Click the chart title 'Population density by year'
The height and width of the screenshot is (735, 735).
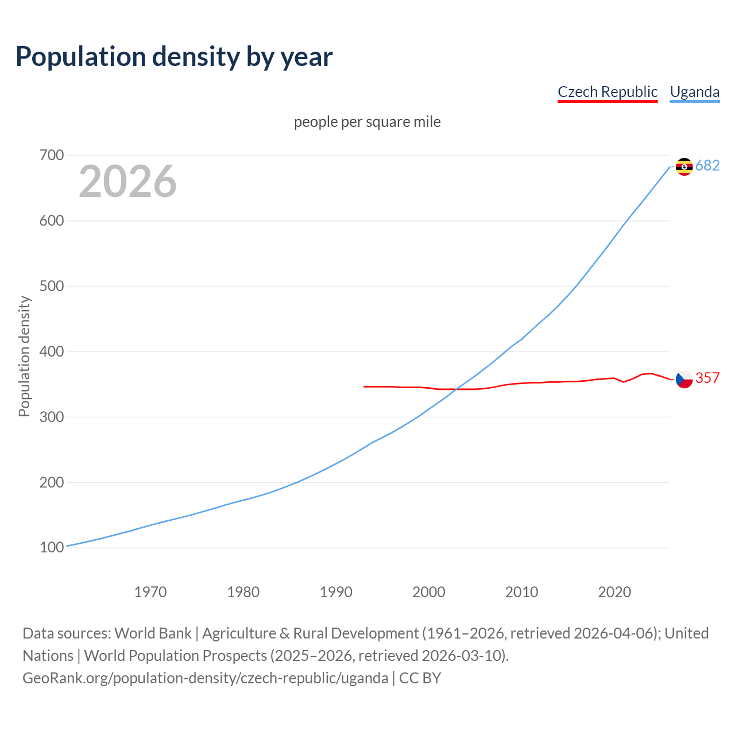pyautogui.click(x=174, y=57)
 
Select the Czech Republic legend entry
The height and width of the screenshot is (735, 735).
pyautogui.click(x=607, y=92)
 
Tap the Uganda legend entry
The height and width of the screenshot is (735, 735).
pyautogui.click(x=694, y=92)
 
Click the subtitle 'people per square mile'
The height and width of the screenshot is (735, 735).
pyautogui.click(x=367, y=122)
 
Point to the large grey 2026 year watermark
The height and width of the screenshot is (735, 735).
pyautogui.click(x=127, y=181)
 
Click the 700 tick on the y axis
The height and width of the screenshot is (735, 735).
pyautogui.click(x=52, y=156)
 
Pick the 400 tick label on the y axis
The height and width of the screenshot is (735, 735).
pyautogui.click(x=52, y=351)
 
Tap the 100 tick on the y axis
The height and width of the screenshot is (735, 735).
pyautogui.click(x=52, y=548)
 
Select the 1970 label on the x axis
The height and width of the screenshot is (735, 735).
pyautogui.click(x=150, y=592)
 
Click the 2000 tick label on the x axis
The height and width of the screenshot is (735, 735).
pyautogui.click(x=429, y=592)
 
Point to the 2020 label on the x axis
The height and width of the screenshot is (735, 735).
pyautogui.click(x=614, y=592)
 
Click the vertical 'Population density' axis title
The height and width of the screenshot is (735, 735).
pyautogui.click(x=24, y=356)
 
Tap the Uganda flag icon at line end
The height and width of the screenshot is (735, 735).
pyautogui.click(x=684, y=167)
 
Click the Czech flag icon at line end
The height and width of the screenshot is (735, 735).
pyautogui.click(x=684, y=379)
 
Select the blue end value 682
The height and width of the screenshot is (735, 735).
pyautogui.click(x=707, y=166)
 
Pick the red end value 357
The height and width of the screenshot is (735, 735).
pyautogui.click(x=707, y=378)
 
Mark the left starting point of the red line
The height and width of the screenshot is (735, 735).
pyautogui.click(x=364, y=386)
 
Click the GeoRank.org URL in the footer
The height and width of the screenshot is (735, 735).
pyautogui.click(x=205, y=678)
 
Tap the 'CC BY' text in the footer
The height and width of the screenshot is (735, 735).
pyautogui.click(x=420, y=678)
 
